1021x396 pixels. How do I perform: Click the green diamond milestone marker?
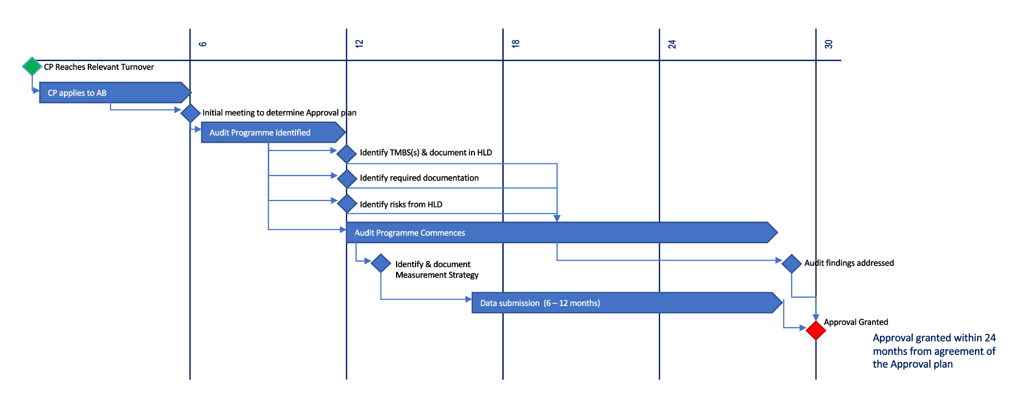click(32, 66)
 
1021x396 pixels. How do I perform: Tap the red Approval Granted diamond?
click(815, 330)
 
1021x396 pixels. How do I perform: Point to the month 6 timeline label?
click(203, 44)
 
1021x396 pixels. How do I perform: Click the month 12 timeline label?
click(359, 43)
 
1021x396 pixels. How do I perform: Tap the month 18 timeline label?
click(515, 43)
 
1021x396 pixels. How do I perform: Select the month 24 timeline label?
click(672, 44)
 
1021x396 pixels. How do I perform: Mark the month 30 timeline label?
click(829, 44)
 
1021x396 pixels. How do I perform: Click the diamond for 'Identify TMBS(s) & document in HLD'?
click(347, 154)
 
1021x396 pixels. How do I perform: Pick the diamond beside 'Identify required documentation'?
click(347, 179)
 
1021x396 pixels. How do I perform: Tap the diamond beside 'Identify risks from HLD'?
click(347, 204)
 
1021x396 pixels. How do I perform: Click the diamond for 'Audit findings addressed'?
click(791, 263)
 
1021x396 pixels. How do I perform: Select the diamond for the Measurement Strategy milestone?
click(381, 263)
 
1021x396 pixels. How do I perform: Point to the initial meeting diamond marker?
click(190, 113)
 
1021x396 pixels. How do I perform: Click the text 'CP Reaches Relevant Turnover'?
click(99, 67)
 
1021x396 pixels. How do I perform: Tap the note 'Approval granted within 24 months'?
click(934, 351)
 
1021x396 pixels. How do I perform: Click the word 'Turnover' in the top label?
click(137, 67)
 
